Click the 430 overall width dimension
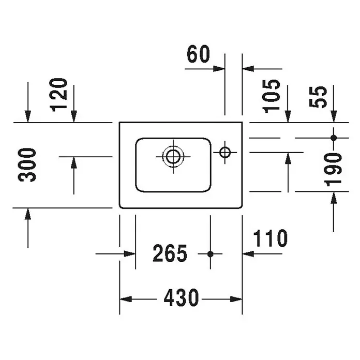(181, 298)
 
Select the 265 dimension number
(170, 253)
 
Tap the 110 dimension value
(270, 238)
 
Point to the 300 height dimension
(27, 165)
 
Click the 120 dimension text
(58, 95)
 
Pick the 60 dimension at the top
(199, 54)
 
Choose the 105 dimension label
(272, 96)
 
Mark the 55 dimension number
(318, 97)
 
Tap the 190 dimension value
(333, 170)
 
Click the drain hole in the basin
(173, 157)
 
